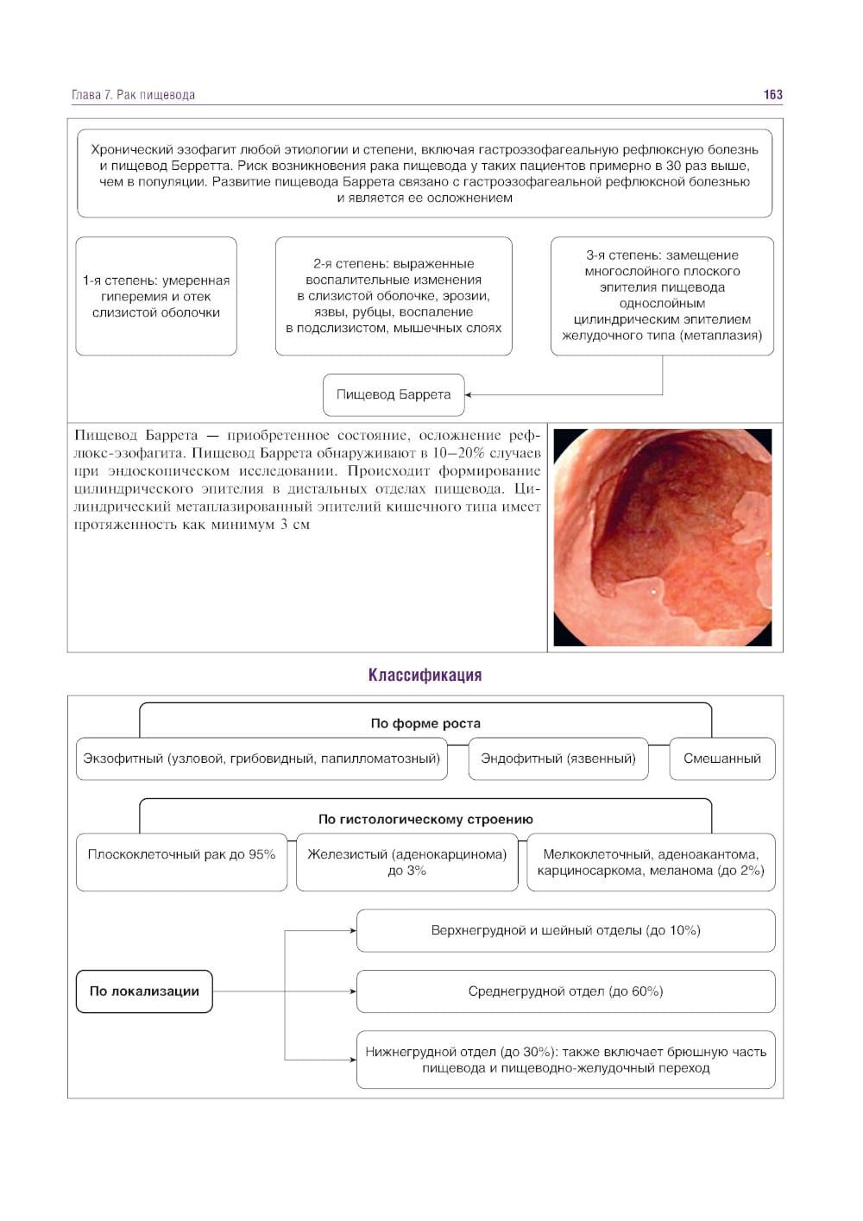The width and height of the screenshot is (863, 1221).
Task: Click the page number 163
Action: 772,95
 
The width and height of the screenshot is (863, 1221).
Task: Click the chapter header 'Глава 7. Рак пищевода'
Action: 133,95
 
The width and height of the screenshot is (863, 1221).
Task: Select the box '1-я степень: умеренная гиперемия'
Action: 156,296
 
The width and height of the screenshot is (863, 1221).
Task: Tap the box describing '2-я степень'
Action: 394,296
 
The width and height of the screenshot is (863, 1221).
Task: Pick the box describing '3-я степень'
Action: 662,296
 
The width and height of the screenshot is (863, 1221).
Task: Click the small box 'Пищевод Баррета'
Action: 394,394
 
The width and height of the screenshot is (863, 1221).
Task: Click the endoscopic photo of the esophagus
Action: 662,537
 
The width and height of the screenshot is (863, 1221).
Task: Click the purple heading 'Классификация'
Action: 425,675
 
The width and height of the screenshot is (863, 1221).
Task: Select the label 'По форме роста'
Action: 425,723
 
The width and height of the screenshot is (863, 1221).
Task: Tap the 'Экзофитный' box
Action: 261,758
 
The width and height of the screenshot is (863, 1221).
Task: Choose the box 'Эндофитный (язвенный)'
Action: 558,758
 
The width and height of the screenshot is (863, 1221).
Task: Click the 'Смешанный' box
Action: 722,758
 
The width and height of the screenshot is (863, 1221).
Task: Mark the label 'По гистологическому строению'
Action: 425,819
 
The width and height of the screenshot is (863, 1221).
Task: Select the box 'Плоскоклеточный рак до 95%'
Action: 181,862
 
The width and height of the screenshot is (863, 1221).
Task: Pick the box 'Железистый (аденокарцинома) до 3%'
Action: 407,862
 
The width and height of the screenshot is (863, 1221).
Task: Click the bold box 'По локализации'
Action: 144,991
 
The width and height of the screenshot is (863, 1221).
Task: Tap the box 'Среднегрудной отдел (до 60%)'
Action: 565,991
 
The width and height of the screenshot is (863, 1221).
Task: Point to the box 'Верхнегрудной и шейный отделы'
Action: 565,930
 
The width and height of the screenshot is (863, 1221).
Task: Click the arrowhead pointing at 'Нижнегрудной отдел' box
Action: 352,1060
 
